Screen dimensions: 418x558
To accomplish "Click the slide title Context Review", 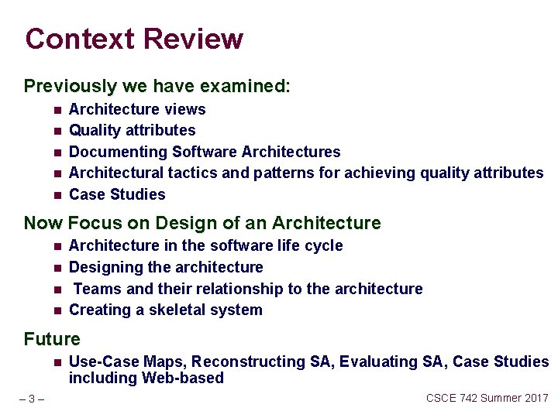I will click(x=134, y=39).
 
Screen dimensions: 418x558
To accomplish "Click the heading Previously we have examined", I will click(x=157, y=86).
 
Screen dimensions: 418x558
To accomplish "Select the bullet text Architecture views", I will click(x=137, y=109).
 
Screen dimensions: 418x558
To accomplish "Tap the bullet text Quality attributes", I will click(x=132, y=130).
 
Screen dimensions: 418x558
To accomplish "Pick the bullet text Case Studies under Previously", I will click(x=117, y=194).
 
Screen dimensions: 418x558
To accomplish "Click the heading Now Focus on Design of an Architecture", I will click(x=202, y=224).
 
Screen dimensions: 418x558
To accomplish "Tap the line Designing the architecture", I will click(x=166, y=267).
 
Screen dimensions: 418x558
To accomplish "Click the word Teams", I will click(x=97, y=289).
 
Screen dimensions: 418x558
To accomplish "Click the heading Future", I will click(x=52, y=339).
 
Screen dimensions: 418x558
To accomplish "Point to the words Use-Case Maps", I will click(x=127, y=361).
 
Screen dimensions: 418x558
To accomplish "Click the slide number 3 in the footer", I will click(x=31, y=399).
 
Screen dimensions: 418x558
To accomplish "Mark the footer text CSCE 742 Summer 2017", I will click(x=487, y=398).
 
